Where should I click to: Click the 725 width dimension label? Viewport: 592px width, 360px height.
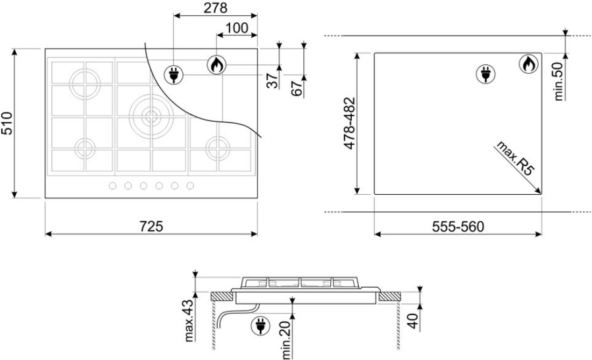(x=151, y=226)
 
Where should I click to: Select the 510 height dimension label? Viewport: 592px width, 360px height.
(x=7, y=123)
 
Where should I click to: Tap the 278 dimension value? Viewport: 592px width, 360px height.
(x=216, y=8)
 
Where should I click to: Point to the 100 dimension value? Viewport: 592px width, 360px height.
(x=237, y=28)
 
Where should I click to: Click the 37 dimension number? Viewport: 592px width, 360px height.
(x=272, y=80)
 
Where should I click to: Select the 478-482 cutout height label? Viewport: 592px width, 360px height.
(x=349, y=123)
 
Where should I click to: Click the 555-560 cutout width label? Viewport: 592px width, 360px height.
(x=458, y=226)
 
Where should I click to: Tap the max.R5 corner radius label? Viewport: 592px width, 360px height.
(x=515, y=158)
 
